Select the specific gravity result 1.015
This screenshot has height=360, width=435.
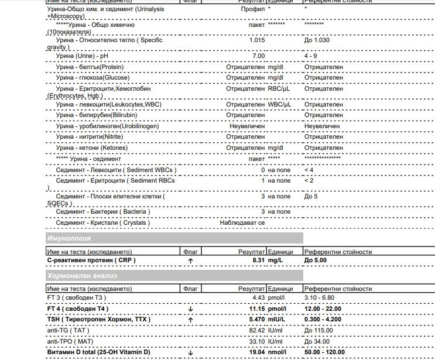tap(257, 40)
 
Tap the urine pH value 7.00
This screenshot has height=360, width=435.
tap(258, 56)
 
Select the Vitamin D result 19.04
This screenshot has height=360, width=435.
tap(256, 352)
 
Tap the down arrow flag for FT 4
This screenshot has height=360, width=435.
tap(190, 309)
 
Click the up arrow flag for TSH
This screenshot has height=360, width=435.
tap(190, 320)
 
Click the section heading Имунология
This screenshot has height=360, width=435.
tap(69, 239)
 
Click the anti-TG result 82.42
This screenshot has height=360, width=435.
tap(257, 330)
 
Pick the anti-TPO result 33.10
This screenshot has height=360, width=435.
tap(257, 341)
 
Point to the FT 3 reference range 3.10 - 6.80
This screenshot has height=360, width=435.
tap(323, 297)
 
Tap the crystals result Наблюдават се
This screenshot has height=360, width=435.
tap(242, 223)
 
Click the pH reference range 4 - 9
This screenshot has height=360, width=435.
tap(311, 56)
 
